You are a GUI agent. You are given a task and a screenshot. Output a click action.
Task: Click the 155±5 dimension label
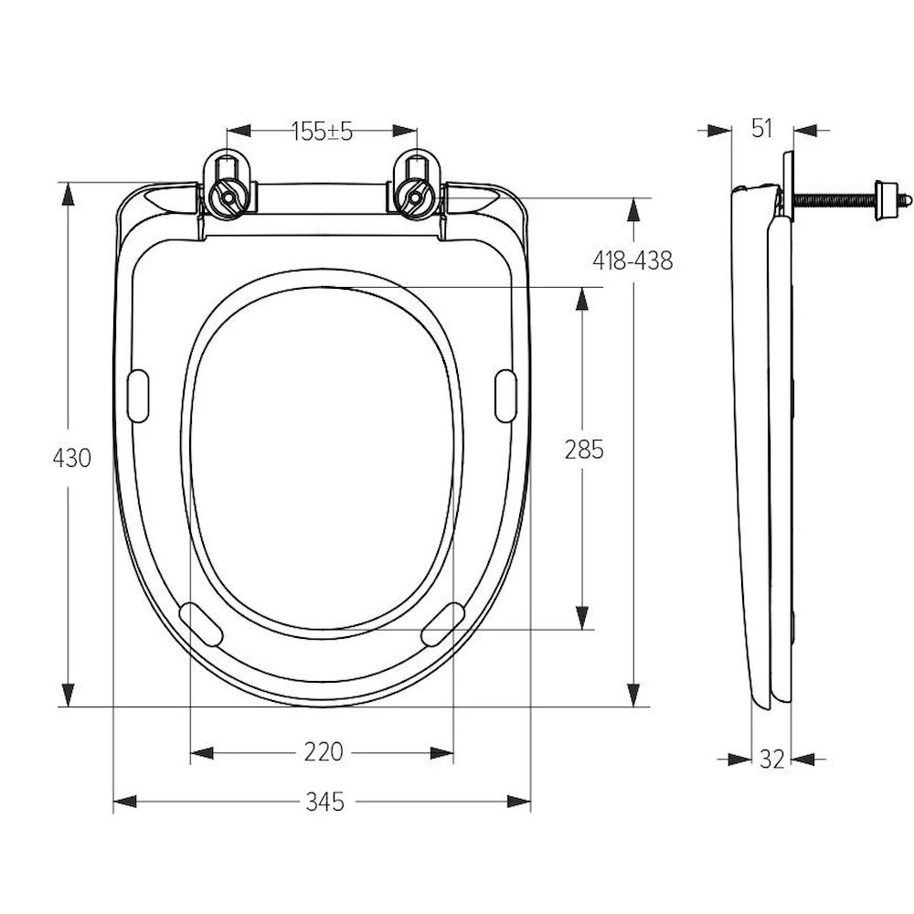[323, 132]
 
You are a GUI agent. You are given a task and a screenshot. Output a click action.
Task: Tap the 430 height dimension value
[71, 458]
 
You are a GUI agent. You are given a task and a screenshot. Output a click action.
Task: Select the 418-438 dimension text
[632, 260]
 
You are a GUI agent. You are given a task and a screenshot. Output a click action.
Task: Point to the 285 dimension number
[584, 450]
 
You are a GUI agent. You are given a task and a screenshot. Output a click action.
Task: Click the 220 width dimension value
[324, 752]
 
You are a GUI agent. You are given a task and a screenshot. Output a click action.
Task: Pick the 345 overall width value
[324, 802]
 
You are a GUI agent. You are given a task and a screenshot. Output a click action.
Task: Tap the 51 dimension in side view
[762, 129]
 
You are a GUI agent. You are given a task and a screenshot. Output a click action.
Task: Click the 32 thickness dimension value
[771, 759]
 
